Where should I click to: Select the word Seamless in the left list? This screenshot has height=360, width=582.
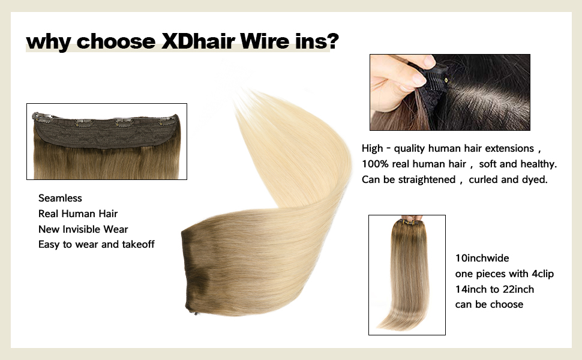tap(60, 198)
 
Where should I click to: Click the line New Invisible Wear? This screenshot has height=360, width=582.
tap(83, 229)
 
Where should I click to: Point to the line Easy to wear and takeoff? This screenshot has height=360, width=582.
tap(97, 245)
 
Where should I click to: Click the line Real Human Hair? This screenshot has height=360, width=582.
tap(78, 214)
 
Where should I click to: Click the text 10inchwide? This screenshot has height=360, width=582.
tap(482, 258)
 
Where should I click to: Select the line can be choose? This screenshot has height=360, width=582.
tap(489, 305)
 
